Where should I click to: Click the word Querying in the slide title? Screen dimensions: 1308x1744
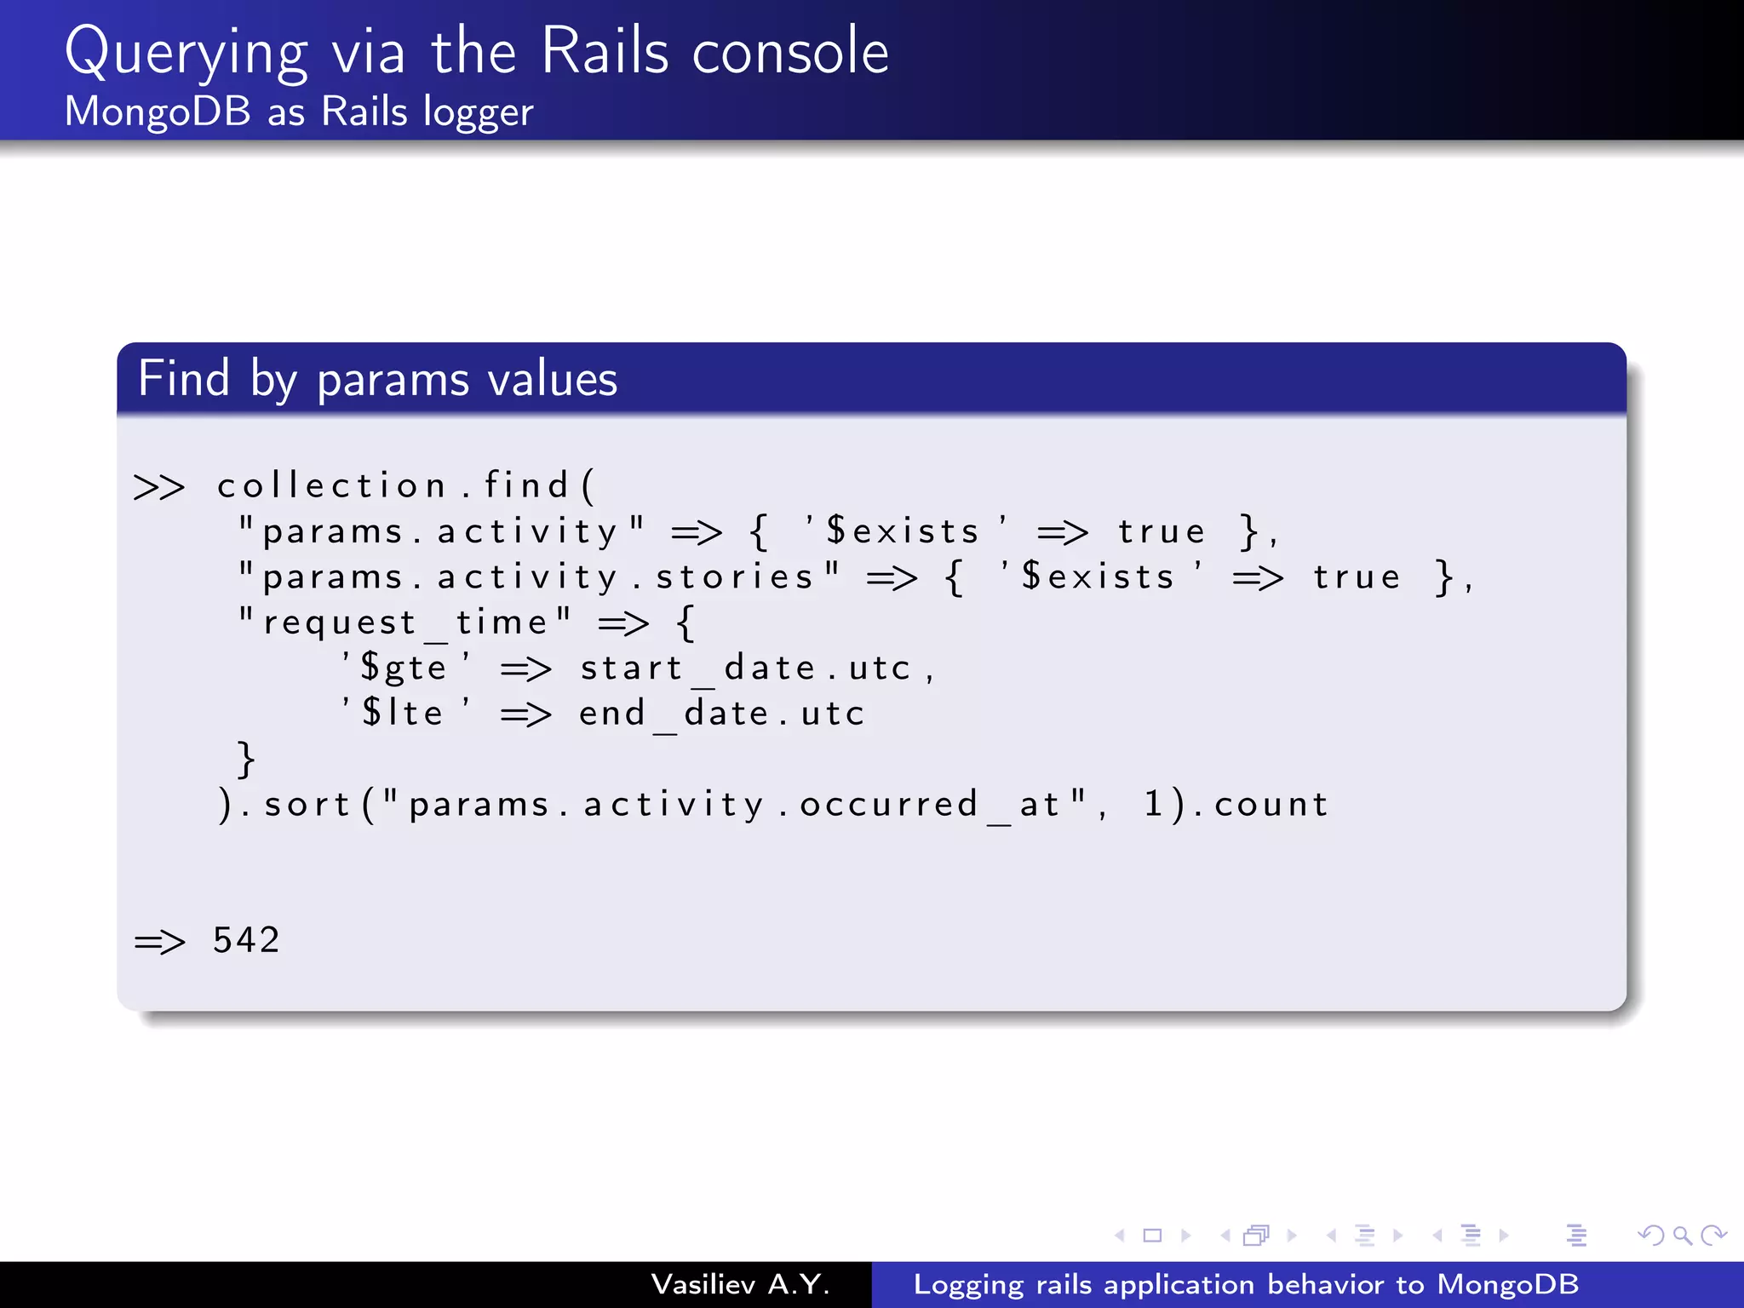[x=186, y=53]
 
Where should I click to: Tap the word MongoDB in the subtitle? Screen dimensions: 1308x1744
[x=158, y=112]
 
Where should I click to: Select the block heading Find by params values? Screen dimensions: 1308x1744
[x=377, y=379]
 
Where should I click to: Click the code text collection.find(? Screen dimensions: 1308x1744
[x=405, y=485]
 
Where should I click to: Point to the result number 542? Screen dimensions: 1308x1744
[x=246, y=940]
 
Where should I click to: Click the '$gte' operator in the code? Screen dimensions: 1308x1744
[x=405, y=668]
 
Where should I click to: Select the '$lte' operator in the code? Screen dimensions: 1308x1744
[x=405, y=713]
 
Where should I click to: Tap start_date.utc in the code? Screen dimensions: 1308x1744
[x=745, y=668]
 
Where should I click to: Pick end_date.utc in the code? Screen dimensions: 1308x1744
[x=721, y=713]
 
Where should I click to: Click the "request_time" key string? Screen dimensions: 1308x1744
[x=404, y=622]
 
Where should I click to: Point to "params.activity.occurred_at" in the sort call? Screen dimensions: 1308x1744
[x=735, y=804]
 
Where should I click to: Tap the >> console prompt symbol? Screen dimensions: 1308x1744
[x=159, y=487]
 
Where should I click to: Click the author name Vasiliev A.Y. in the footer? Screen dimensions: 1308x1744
[x=740, y=1284]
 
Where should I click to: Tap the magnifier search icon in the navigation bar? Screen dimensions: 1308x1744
[x=1682, y=1235]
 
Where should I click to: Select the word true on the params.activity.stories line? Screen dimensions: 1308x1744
[x=1357, y=577]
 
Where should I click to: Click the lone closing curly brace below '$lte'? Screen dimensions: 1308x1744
[x=245, y=759]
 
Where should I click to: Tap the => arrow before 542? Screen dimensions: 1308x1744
[x=159, y=942]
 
